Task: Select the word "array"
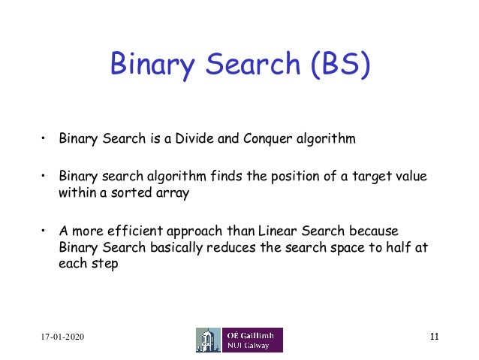pyautogui.click(x=164, y=192)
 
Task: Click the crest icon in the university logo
pyautogui.click(x=209, y=340)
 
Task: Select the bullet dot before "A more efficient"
pyautogui.click(x=44, y=230)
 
